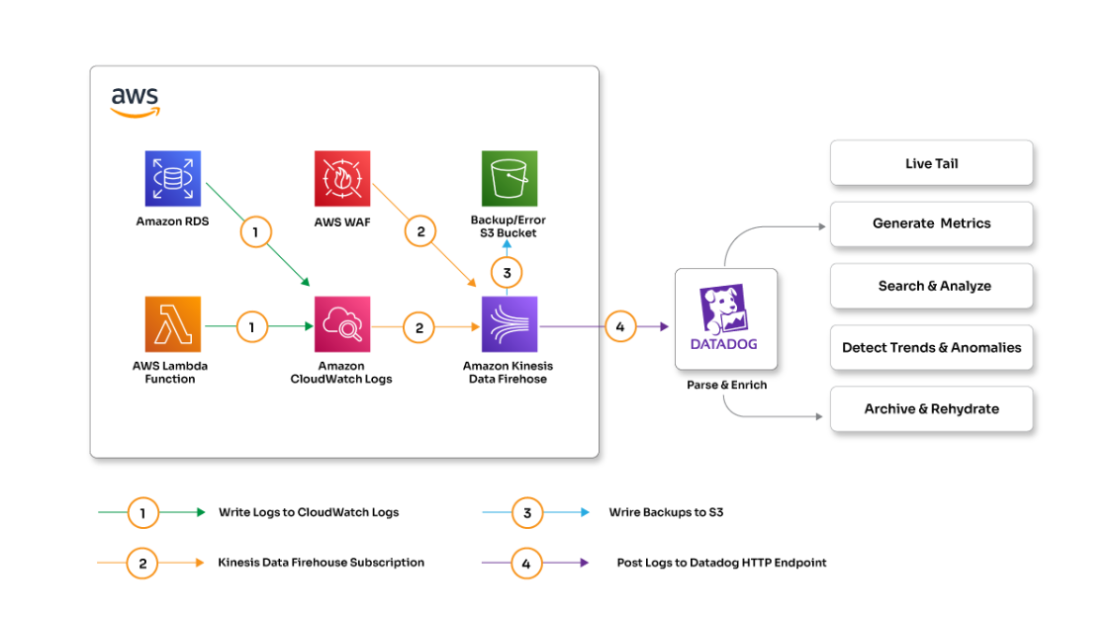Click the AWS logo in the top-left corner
[135, 102]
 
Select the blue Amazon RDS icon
[173, 179]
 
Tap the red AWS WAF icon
[342, 179]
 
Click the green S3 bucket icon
[510, 179]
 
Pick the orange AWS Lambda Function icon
[173, 324]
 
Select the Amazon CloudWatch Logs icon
[342, 324]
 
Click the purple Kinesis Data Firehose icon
[510, 324]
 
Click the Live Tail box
[931, 163]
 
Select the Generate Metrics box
[931, 223]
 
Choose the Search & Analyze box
[931, 286]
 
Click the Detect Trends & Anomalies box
[931, 347]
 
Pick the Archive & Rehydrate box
[931, 408]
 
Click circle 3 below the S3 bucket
[507, 272]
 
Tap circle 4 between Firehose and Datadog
[620, 326]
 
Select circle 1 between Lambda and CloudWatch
[251, 326]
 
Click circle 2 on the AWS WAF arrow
[420, 231]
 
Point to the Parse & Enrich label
[726, 385]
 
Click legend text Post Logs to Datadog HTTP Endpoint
[721, 563]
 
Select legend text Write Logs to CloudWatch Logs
[309, 512]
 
